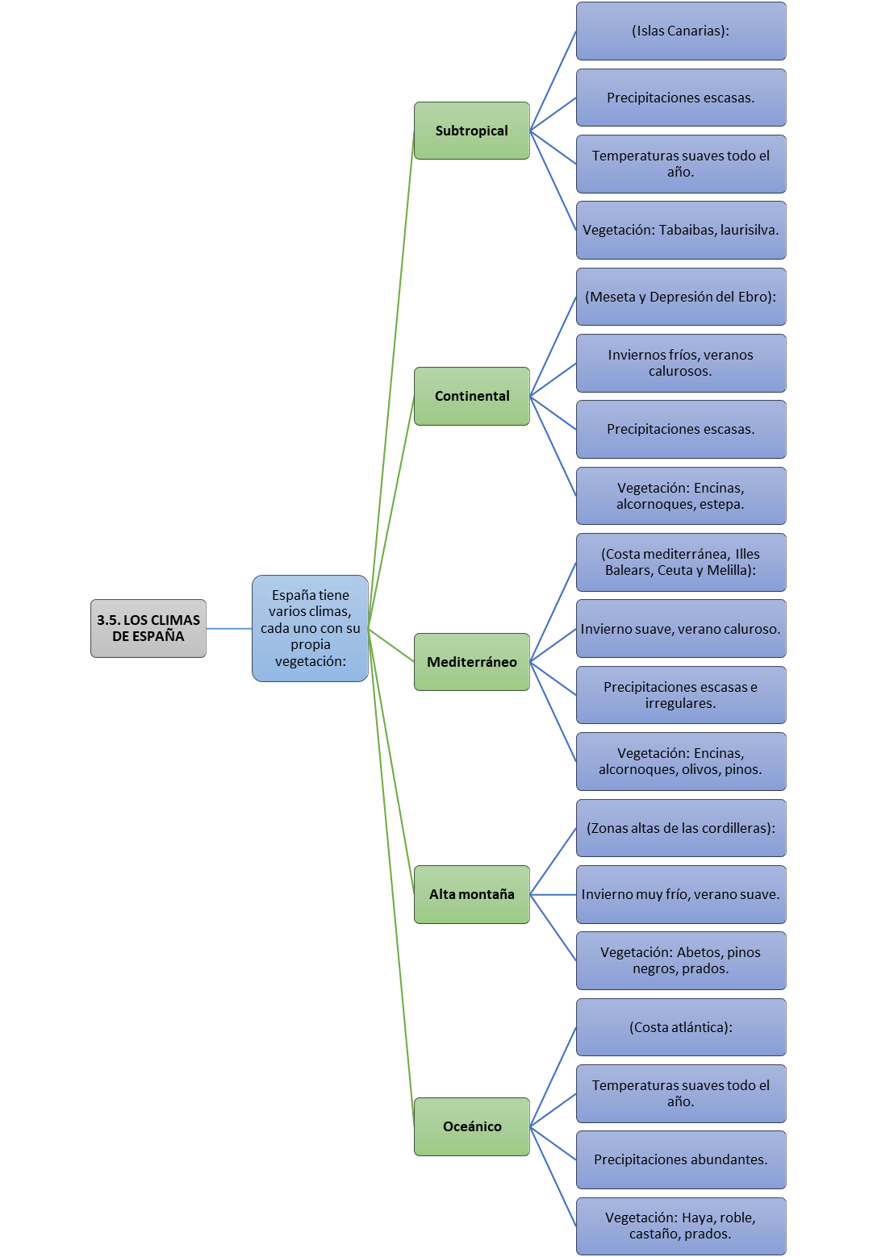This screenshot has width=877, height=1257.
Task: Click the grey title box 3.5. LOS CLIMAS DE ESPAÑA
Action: pyautogui.click(x=148, y=628)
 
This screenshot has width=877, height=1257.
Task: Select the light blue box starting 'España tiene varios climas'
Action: pyautogui.click(x=310, y=628)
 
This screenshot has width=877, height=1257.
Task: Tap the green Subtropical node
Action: pyautogui.click(x=472, y=131)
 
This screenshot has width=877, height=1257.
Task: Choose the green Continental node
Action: pyautogui.click(x=472, y=396)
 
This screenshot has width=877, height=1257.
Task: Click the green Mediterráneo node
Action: pyautogui.click(x=472, y=662)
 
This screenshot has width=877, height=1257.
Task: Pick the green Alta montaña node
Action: pyautogui.click(x=472, y=894)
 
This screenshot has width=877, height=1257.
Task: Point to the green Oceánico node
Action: pyautogui.click(x=472, y=1126)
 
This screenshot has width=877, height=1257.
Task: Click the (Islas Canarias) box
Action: pyautogui.click(x=681, y=31)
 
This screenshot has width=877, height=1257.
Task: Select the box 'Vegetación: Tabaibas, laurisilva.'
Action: pyautogui.click(x=681, y=230)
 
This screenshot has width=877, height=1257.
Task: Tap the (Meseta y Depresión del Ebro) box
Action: pyautogui.click(x=681, y=296)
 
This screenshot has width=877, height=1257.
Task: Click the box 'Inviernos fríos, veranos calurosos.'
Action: pyautogui.click(x=681, y=363)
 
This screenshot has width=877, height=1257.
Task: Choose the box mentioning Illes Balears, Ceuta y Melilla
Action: pyautogui.click(x=681, y=562)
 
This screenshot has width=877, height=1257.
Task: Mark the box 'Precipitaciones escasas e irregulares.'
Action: pyautogui.click(x=681, y=695)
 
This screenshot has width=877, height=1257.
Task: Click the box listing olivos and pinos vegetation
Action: pyautogui.click(x=681, y=761)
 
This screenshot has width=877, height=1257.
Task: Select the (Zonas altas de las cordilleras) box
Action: pyautogui.click(x=681, y=828)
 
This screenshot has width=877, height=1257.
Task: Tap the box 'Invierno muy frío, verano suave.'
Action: pyautogui.click(x=681, y=894)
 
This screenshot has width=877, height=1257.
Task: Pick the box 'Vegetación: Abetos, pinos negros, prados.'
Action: pyautogui.click(x=681, y=961)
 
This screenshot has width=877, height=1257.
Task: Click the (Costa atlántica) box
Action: pyautogui.click(x=681, y=1027)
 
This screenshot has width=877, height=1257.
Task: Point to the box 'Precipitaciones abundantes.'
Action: pyautogui.click(x=681, y=1160)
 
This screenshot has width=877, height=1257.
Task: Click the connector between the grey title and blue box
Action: pyautogui.click(x=229, y=629)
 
